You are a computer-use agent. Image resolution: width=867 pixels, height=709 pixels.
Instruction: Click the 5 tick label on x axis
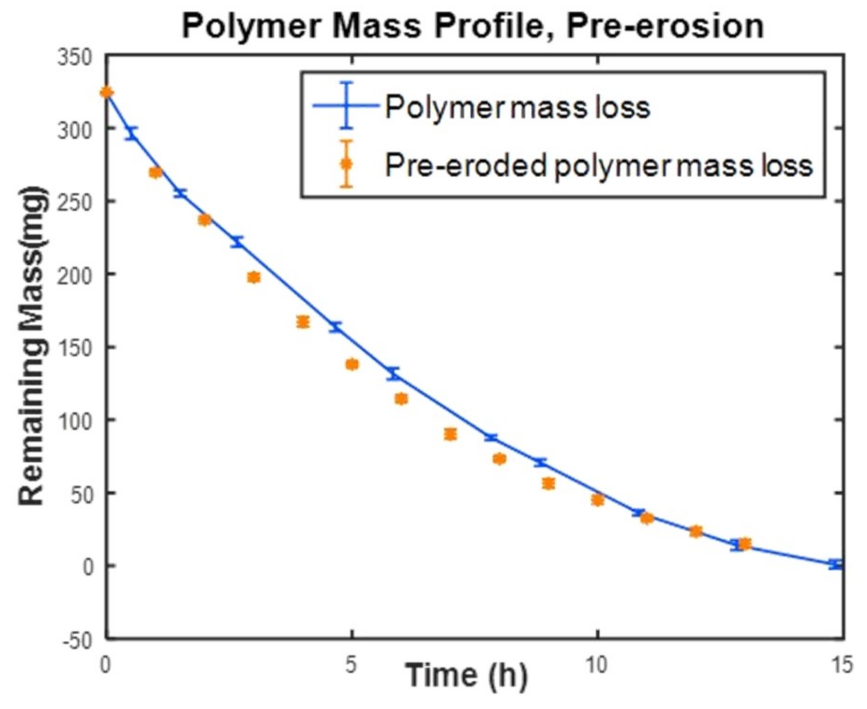pos(351,665)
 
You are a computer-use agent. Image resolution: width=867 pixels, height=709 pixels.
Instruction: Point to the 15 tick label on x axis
pos(842,665)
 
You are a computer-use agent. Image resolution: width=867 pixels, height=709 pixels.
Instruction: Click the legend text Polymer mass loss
pos(517,107)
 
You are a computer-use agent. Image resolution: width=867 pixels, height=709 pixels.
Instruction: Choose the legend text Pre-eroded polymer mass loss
pos(599,165)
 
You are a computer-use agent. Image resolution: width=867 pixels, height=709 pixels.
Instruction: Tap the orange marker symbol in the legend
pos(346,164)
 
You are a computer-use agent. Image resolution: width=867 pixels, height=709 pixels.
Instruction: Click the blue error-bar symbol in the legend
pos(347,106)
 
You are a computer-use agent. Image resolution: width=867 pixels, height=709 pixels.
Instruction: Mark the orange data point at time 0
pos(107,92)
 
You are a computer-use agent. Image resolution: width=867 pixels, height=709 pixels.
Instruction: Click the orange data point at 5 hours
pos(352,364)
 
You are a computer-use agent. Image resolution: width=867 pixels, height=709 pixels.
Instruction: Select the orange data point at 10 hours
pos(597,500)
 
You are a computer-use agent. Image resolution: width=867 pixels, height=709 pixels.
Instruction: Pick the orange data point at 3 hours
pos(253,277)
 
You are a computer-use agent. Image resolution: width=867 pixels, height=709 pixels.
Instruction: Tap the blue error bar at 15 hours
pos(835,564)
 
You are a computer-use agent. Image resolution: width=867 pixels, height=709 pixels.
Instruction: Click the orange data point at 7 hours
pos(450,434)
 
